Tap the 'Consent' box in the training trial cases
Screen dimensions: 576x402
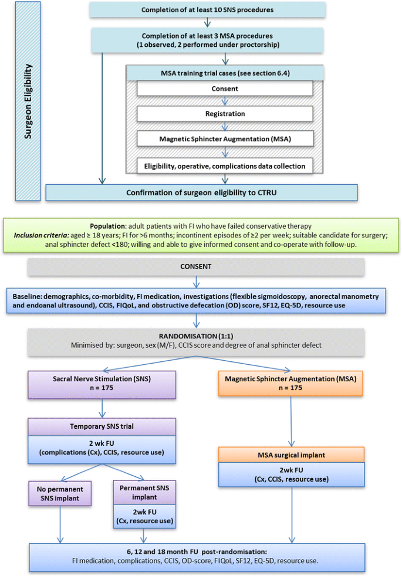pyautogui.click(x=225, y=89)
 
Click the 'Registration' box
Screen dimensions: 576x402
pyautogui.click(x=225, y=114)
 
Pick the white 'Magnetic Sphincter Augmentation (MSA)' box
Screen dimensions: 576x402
pyautogui.click(x=225, y=138)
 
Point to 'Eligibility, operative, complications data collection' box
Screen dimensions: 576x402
pyautogui.click(x=225, y=166)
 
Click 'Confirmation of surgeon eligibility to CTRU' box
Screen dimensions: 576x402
pyautogui.click(x=201, y=192)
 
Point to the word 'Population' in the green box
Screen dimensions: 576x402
pyautogui.click(x=108, y=226)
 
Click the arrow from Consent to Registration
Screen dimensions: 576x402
pyautogui.click(x=225, y=101)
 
